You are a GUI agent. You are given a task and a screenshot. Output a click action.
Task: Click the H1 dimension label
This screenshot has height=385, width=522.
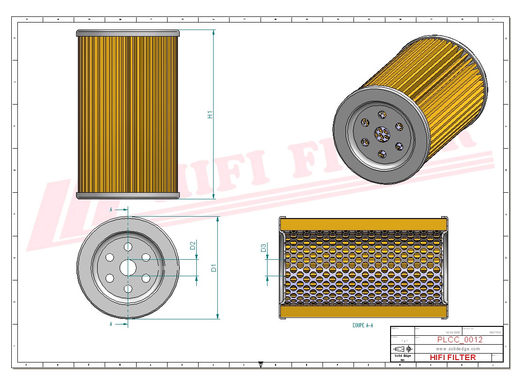coord(210,114)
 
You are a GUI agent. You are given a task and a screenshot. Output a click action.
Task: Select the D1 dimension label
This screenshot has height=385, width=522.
coord(214,268)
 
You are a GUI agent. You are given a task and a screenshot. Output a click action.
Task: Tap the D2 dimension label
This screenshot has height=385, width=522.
coord(192,245)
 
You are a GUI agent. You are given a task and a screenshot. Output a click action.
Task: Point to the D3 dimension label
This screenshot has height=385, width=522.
coord(263,248)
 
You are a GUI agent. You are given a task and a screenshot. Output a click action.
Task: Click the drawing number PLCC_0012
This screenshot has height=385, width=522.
coord(459,340)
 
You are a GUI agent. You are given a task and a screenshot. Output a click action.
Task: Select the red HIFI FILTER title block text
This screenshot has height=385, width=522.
coord(453,357)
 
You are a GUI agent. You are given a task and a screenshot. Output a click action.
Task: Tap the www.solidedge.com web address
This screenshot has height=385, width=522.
coord(458,349)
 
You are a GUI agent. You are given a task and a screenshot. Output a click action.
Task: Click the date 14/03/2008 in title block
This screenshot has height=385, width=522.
coord(452,332)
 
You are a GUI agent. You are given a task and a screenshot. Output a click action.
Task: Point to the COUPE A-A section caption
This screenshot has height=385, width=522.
coord(362,325)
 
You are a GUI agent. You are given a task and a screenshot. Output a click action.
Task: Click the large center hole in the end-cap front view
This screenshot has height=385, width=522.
coord(128,268)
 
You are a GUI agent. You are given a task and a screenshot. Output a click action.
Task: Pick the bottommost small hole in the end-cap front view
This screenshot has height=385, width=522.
coord(128,289)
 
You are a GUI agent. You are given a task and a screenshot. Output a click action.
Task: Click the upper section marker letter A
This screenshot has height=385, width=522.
coord(111,210)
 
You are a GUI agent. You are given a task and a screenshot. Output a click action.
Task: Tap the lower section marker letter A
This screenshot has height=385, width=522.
coord(111,324)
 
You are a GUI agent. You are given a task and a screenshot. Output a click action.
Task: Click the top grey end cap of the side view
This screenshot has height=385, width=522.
coord(128,33)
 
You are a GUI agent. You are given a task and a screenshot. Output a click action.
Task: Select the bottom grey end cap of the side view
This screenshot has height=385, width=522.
coord(128,195)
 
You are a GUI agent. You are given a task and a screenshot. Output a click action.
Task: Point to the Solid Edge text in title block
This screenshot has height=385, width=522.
coord(402,356)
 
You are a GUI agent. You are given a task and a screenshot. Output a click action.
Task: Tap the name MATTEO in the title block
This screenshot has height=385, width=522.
coord(495,332)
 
